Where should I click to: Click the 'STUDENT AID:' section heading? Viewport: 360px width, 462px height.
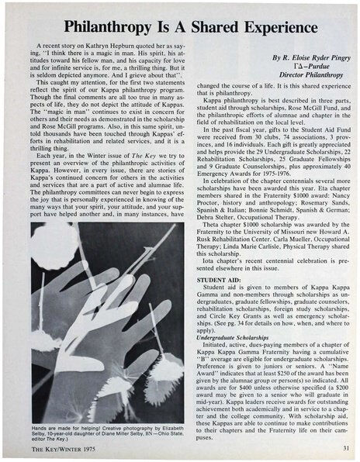(219, 277)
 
